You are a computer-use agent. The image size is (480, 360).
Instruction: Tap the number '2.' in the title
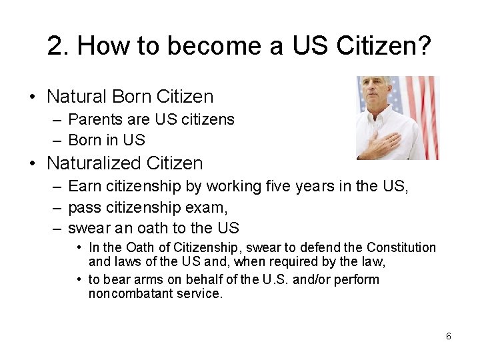point(59,46)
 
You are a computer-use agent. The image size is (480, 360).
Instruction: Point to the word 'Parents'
point(94,120)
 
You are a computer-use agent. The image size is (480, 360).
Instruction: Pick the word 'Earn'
point(85,187)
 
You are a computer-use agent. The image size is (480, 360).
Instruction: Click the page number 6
point(449,337)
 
